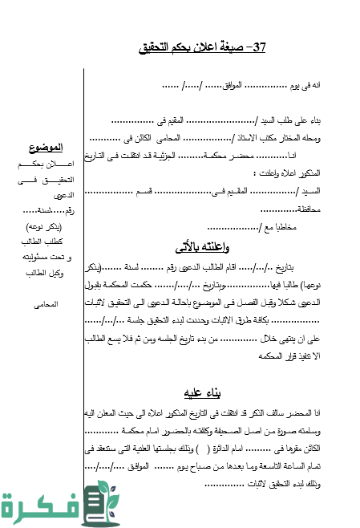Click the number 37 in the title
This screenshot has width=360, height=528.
(x=258, y=48)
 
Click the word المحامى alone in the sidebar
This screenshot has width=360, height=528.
(x=44, y=305)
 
